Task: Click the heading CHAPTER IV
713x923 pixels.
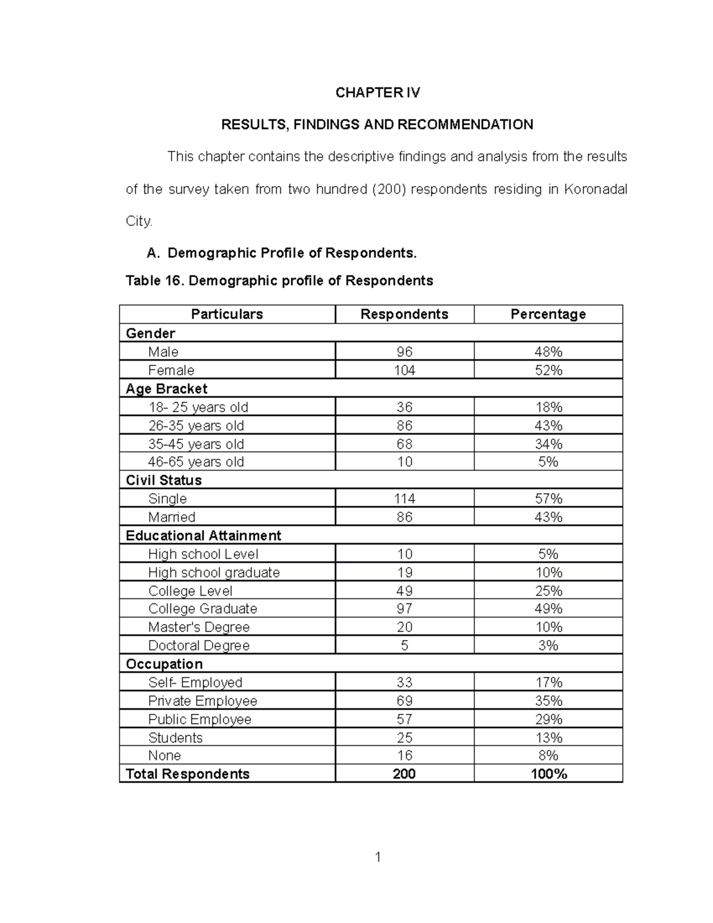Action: click(377, 93)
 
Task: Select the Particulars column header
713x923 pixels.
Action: click(227, 314)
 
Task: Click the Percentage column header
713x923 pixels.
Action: click(548, 314)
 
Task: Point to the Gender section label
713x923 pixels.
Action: click(150, 333)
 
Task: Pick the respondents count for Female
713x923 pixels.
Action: click(405, 370)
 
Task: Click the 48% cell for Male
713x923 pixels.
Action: click(548, 352)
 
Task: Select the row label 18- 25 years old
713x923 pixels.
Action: click(198, 407)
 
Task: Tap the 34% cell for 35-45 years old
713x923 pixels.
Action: click(548, 444)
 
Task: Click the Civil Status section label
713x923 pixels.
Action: click(163, 480)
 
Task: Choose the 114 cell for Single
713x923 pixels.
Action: click(405, 499)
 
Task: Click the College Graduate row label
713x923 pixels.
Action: click(203, 609)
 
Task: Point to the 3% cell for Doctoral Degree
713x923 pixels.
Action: click(548, 645)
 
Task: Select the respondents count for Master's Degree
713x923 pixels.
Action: click(405, 627)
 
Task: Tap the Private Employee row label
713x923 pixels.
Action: click(203, 701)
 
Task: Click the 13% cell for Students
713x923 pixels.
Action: click(548, 738)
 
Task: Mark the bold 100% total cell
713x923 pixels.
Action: click(548, 774)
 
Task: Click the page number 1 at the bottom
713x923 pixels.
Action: click(377, 857)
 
